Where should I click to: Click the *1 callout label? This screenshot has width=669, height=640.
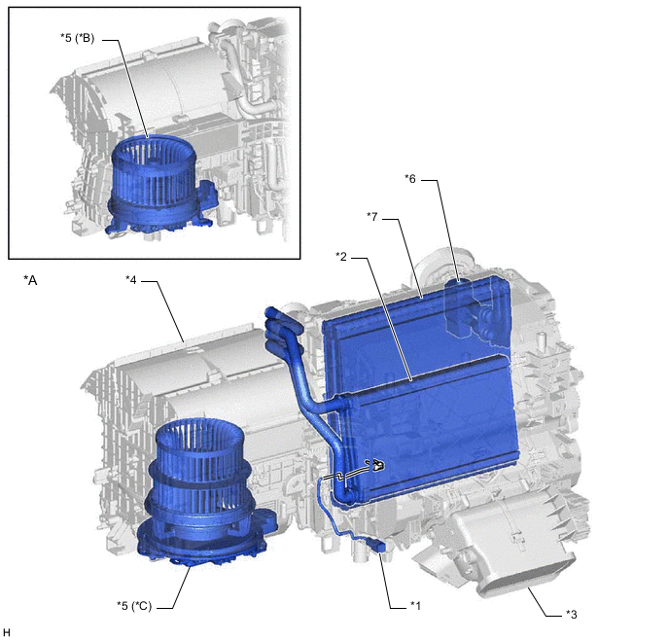click(x=415, y=606)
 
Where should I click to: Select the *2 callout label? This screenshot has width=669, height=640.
click(x=341, y=257)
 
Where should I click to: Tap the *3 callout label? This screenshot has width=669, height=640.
click(x=572, y=615)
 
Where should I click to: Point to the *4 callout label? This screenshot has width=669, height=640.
click(x=131, y=280)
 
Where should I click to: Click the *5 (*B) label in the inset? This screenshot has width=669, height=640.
click(x=77, y=38)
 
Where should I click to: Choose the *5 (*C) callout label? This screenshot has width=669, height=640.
click(x=134, y=606)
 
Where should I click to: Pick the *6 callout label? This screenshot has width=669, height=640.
click(x=410, y=179)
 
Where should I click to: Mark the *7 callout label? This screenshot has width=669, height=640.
click(x=372, y=217)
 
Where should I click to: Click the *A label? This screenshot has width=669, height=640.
click(x=30, y=280)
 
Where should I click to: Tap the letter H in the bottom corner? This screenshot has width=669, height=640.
click(x=7, y=632)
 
